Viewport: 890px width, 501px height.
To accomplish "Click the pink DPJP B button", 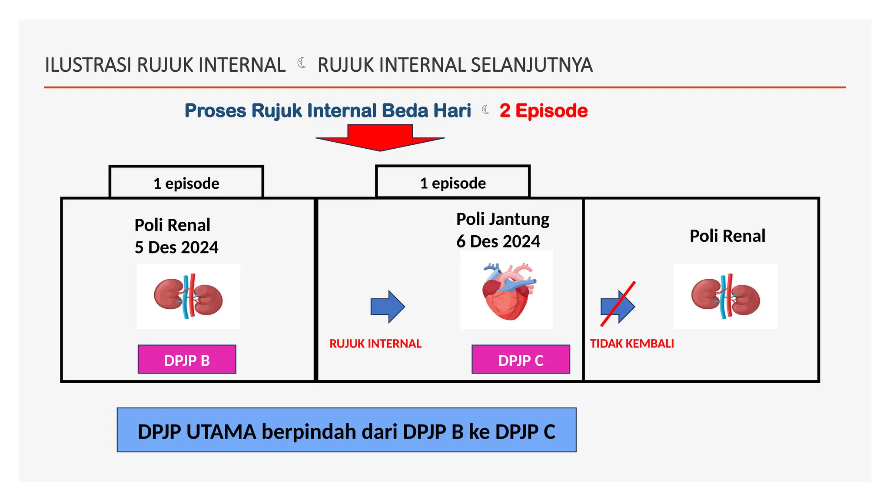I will click(x=187, y=360).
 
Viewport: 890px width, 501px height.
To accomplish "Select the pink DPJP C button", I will click(x=521, y=360).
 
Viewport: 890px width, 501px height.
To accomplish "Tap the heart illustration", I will click(x=507, y=291).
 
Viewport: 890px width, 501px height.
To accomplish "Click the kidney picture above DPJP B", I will click(x=188, y=296).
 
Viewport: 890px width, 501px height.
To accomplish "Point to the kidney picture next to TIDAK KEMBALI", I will click(x=725, y=296).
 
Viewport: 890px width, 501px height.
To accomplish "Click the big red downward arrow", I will click(x=380, y=137).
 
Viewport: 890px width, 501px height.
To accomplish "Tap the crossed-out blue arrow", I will click(x=618, y=306).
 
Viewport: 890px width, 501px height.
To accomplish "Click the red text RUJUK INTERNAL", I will click(x=375, y=344).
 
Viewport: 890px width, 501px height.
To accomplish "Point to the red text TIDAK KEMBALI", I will click(x=632, y=344).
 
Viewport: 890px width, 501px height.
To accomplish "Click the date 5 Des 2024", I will click(x=176, y=247).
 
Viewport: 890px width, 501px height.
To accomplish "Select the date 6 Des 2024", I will click(x=498, y=241).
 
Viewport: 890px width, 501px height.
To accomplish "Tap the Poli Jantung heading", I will click(x=503, y=219).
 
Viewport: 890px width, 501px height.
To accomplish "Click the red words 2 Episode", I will click(x=544, y=111).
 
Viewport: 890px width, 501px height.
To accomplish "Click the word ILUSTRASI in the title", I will click(x=88, y=65).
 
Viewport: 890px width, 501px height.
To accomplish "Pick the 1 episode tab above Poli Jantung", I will click(x=453, y=183).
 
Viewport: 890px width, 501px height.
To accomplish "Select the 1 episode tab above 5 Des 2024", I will click(x=186, y=184).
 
